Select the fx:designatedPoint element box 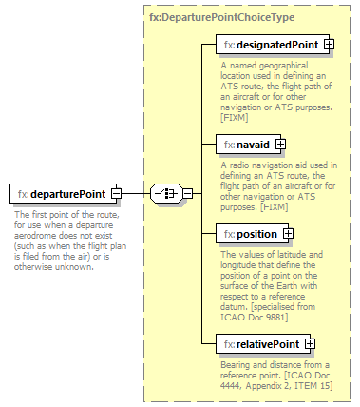(x=269, y=45)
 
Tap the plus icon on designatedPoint (x=329, y=45)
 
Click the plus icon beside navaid (x=280, y=145)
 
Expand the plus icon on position (x=288, y=234)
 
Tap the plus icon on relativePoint (x=310, y=343)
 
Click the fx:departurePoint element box (x=60, y=195)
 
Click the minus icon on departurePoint (x=117, y=195)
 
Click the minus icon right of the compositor (x=187, y=195)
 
